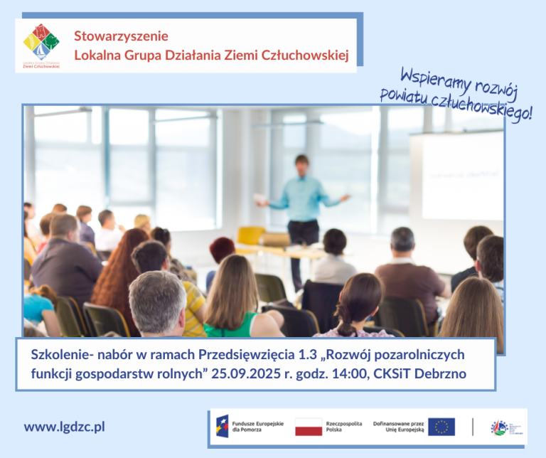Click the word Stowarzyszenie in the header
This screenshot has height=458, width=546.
click(122, 36)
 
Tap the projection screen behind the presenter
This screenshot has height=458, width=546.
click(459, 175)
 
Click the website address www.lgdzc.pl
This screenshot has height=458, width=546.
click(65, 427)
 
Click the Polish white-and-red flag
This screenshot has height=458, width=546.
click(309, 427)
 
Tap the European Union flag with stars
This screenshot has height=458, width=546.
click(441, 427)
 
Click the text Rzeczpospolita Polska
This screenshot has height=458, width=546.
click(344, 427)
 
